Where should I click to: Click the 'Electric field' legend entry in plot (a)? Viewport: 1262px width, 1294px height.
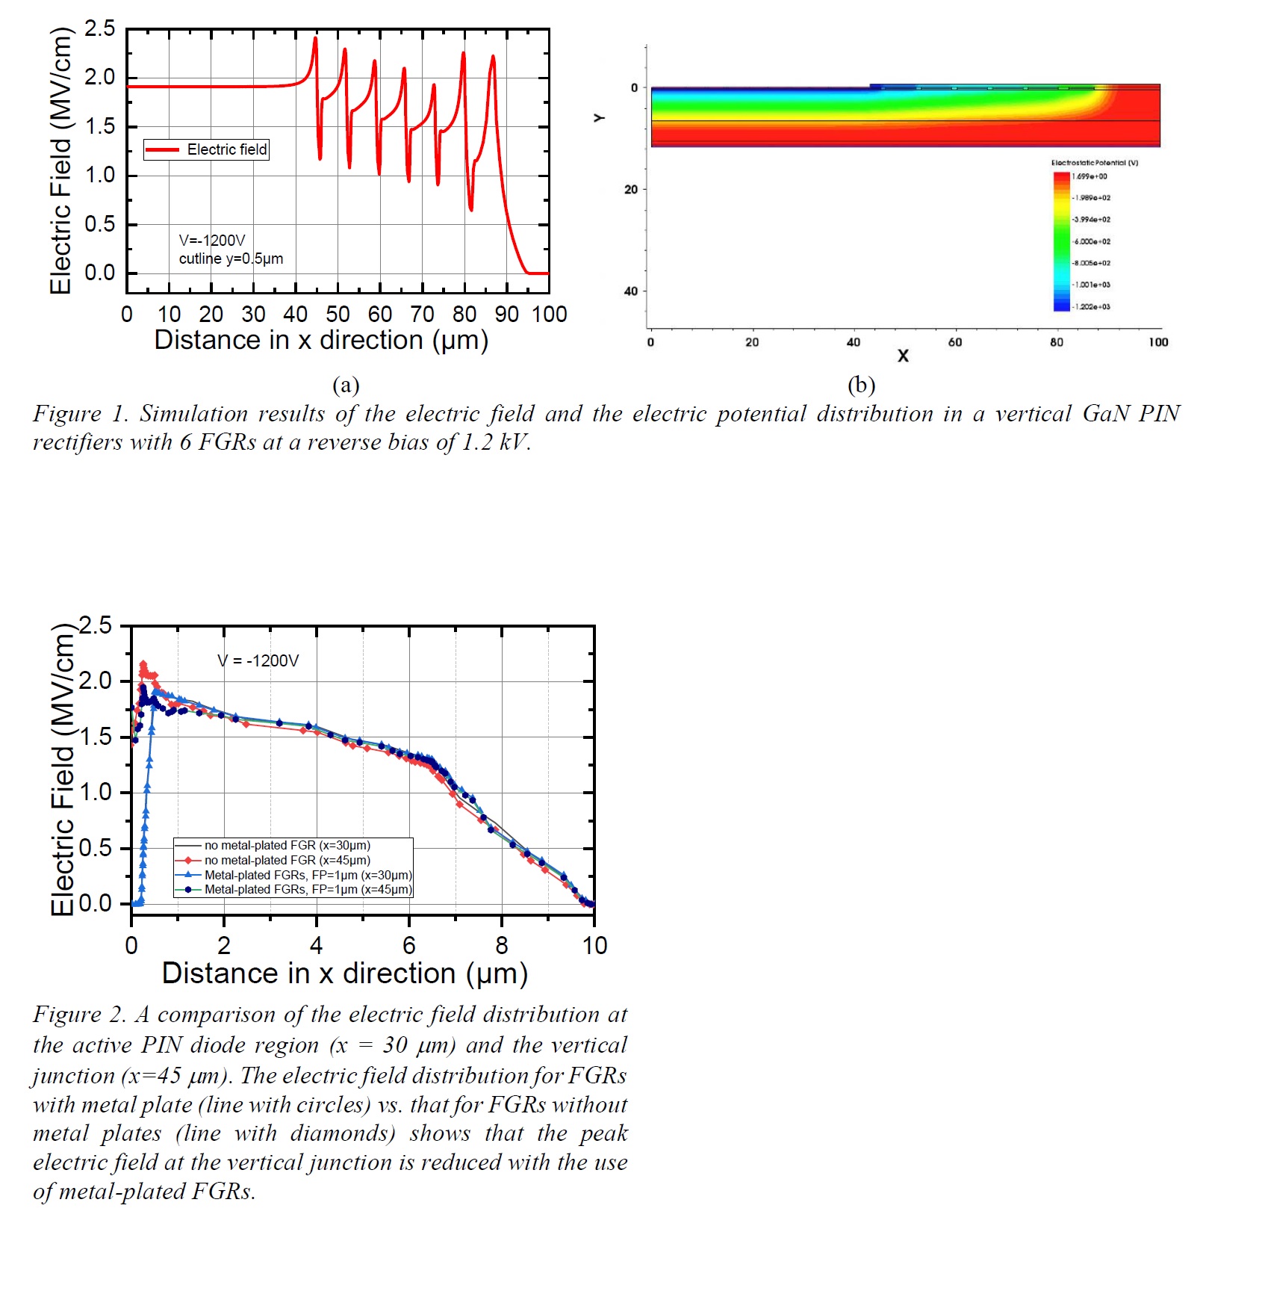point(226,149)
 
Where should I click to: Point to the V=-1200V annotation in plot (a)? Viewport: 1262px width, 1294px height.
point(212,241)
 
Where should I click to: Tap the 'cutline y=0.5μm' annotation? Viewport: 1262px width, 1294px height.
point(231,259)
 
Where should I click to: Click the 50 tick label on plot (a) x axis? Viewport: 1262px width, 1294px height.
point(338,315)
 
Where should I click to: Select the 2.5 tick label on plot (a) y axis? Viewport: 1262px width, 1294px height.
point(99,29)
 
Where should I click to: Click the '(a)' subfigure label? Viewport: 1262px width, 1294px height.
point(346,385)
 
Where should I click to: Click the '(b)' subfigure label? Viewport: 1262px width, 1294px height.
point(861,385)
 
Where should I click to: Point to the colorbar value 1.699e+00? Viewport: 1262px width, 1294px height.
point(1090,177)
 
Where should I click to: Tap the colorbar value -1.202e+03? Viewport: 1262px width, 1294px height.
point(1092,307)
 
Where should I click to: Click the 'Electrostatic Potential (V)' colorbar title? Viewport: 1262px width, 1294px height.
point(1094,163)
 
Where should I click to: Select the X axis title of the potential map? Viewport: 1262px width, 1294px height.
point(903,356)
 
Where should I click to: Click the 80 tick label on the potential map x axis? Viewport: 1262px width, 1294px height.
point(1056,342)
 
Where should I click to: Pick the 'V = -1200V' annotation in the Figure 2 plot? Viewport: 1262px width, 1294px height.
point(258,661)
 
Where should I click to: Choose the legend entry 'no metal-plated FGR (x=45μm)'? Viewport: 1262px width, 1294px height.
point(287,860)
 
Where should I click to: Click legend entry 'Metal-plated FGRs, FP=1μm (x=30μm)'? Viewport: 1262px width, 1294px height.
point(308,875)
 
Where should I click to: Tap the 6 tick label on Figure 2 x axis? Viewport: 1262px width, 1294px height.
point(409,946)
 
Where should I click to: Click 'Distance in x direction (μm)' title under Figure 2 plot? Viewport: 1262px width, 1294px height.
point(344,973)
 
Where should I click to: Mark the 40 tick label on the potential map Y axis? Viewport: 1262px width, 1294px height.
point(631,291)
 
